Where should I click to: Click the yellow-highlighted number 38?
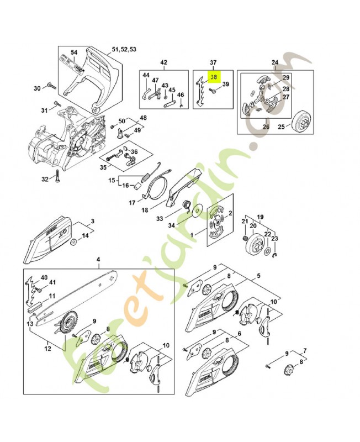click(213, 78)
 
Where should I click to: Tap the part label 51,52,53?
click(125, 50)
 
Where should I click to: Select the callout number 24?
click(274, 62)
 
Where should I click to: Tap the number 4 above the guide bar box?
click(98, 259)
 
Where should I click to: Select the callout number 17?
click(132, 203)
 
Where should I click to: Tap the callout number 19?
click(260, 217)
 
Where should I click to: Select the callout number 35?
click(103, 167)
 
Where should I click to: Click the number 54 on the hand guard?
click(74, 52)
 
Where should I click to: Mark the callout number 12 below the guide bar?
click(47, 349)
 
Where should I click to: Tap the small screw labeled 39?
click(225, 85)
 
